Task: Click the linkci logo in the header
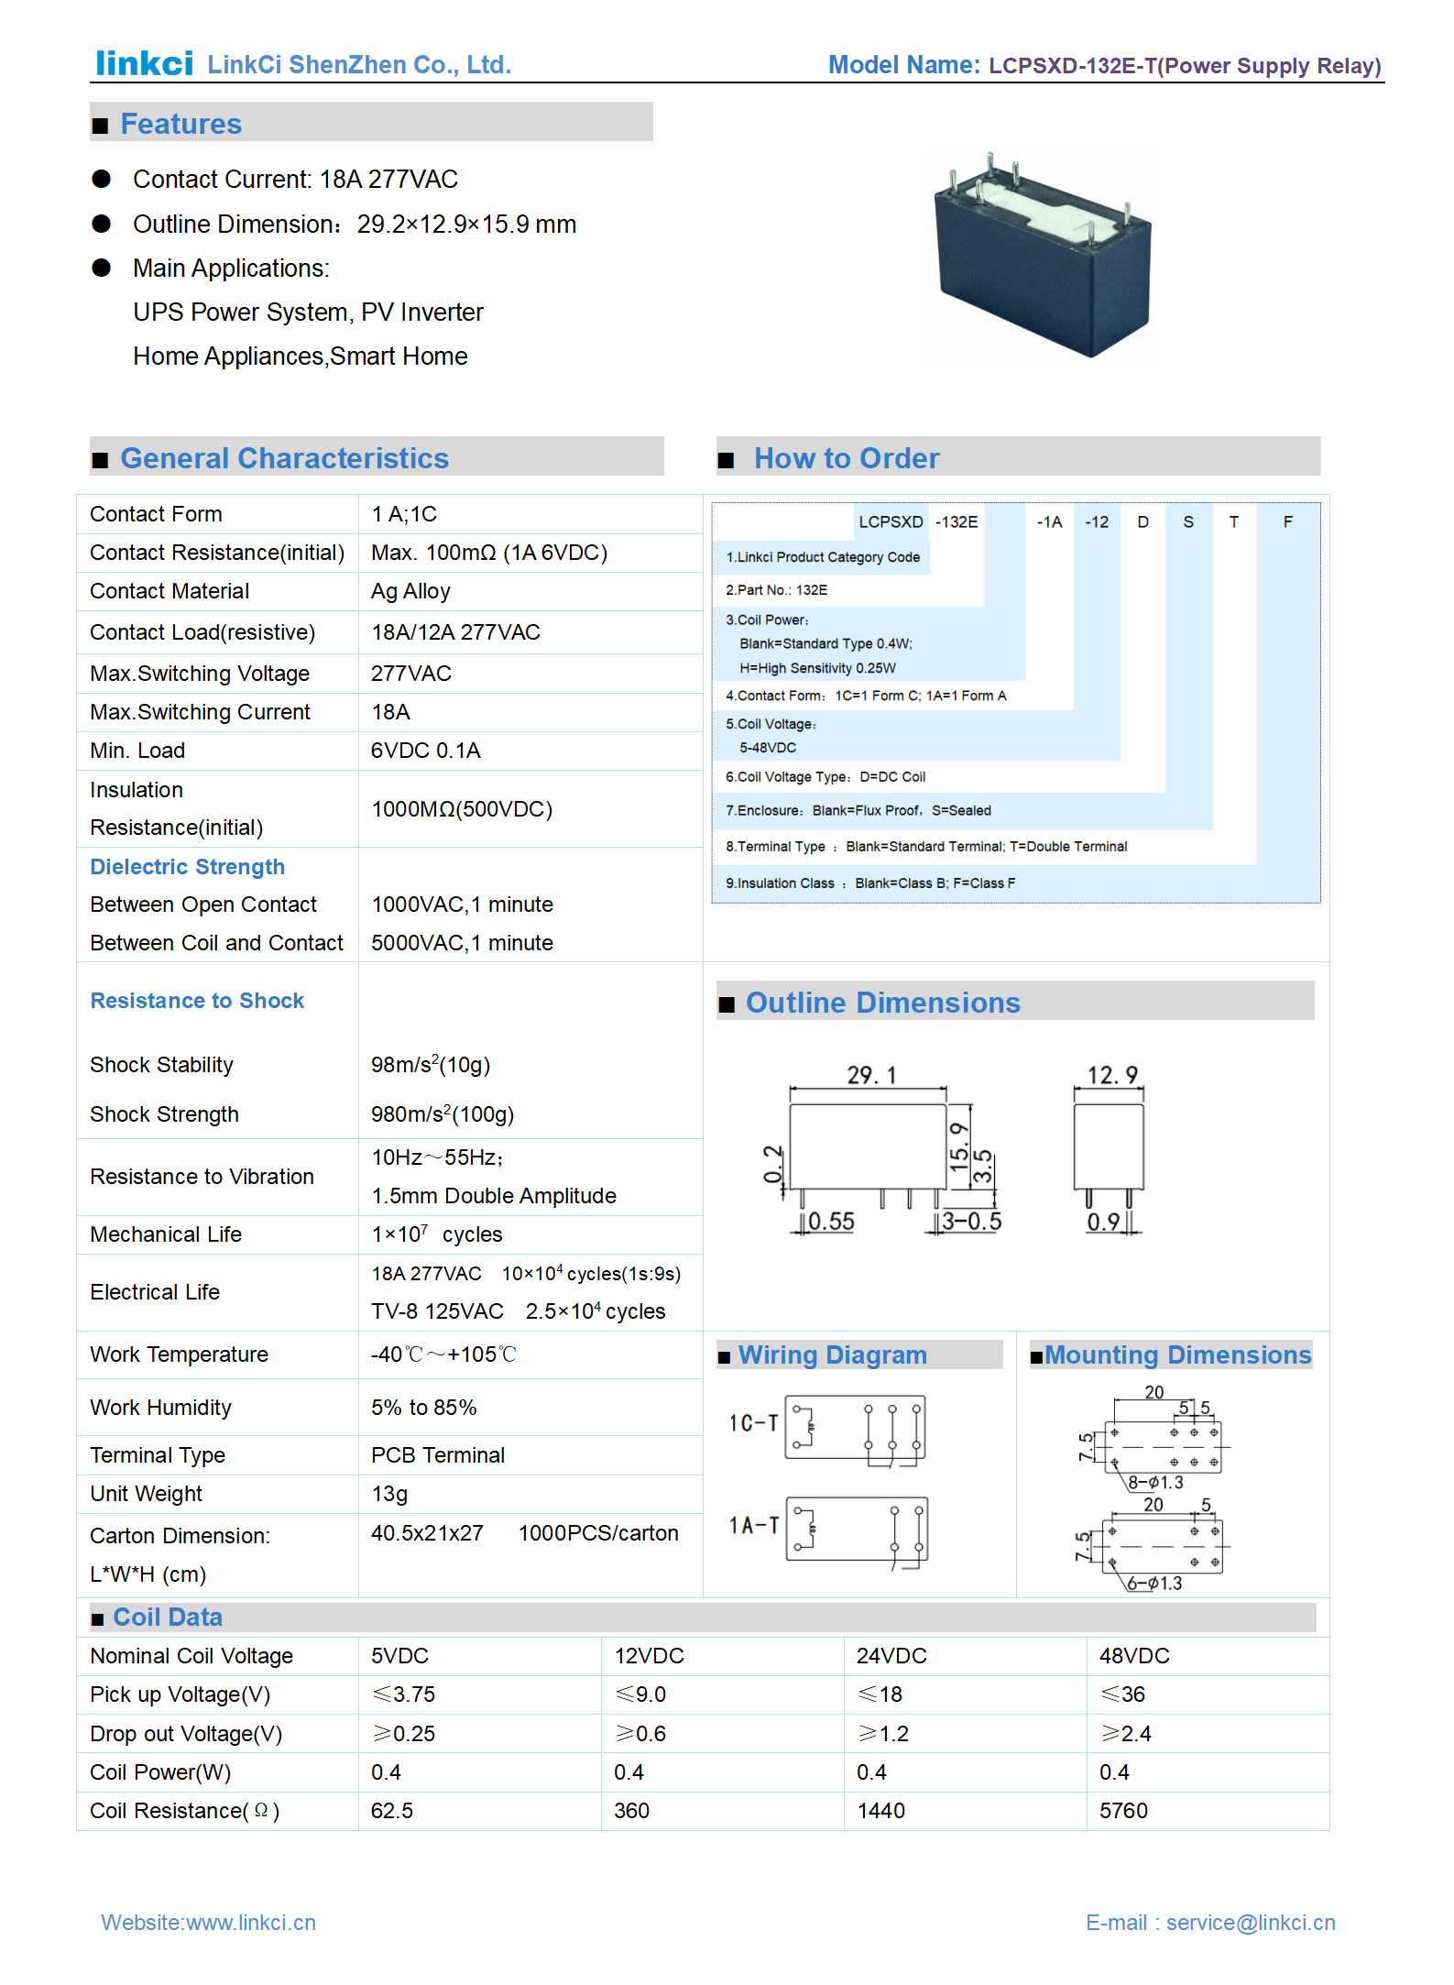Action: (144, 63)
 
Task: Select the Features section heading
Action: (180, 124)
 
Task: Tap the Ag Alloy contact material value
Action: (410, 592)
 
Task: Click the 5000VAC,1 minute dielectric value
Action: (462, 943)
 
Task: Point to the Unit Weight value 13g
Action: (389, 1494)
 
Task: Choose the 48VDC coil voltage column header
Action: (1134, 1656)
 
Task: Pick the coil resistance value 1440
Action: (880, 1811)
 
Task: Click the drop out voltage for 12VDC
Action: (640, 1734)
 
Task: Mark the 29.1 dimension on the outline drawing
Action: (871, 1075)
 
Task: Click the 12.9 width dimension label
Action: (1111, 1075)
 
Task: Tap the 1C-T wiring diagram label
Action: (753, 1423)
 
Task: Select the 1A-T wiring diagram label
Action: (753, 1525)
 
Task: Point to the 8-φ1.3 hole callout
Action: (1155, 1483)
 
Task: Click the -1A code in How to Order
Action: (1049, 522)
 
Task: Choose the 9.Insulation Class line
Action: (870, 883)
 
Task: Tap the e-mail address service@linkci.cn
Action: (1250, 1923)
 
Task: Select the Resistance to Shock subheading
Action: (197, 1001)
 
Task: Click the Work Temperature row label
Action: (179, 1354)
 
